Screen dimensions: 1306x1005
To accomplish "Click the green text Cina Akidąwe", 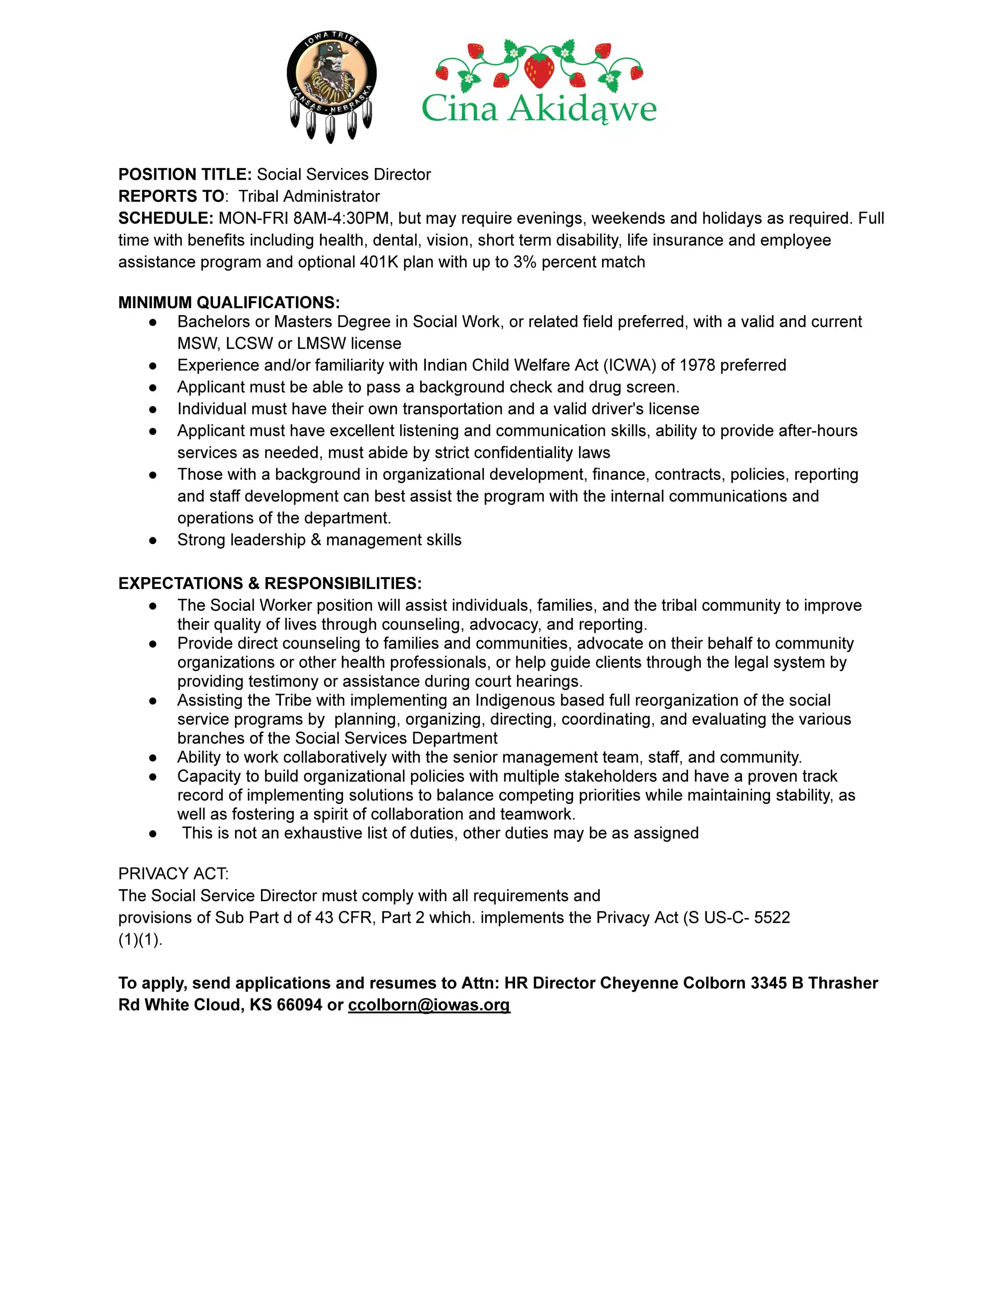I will (x=539, y=109).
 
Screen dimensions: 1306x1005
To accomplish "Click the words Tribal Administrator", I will (x=309, y=196).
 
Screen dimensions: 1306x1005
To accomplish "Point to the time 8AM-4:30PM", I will (x=341, y=218).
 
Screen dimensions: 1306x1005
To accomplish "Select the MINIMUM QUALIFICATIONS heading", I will (x=229, y=303).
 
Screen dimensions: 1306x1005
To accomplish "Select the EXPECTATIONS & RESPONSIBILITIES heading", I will (x=270, y=583).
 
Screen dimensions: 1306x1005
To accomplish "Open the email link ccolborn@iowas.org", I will (x=429, y=1005).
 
